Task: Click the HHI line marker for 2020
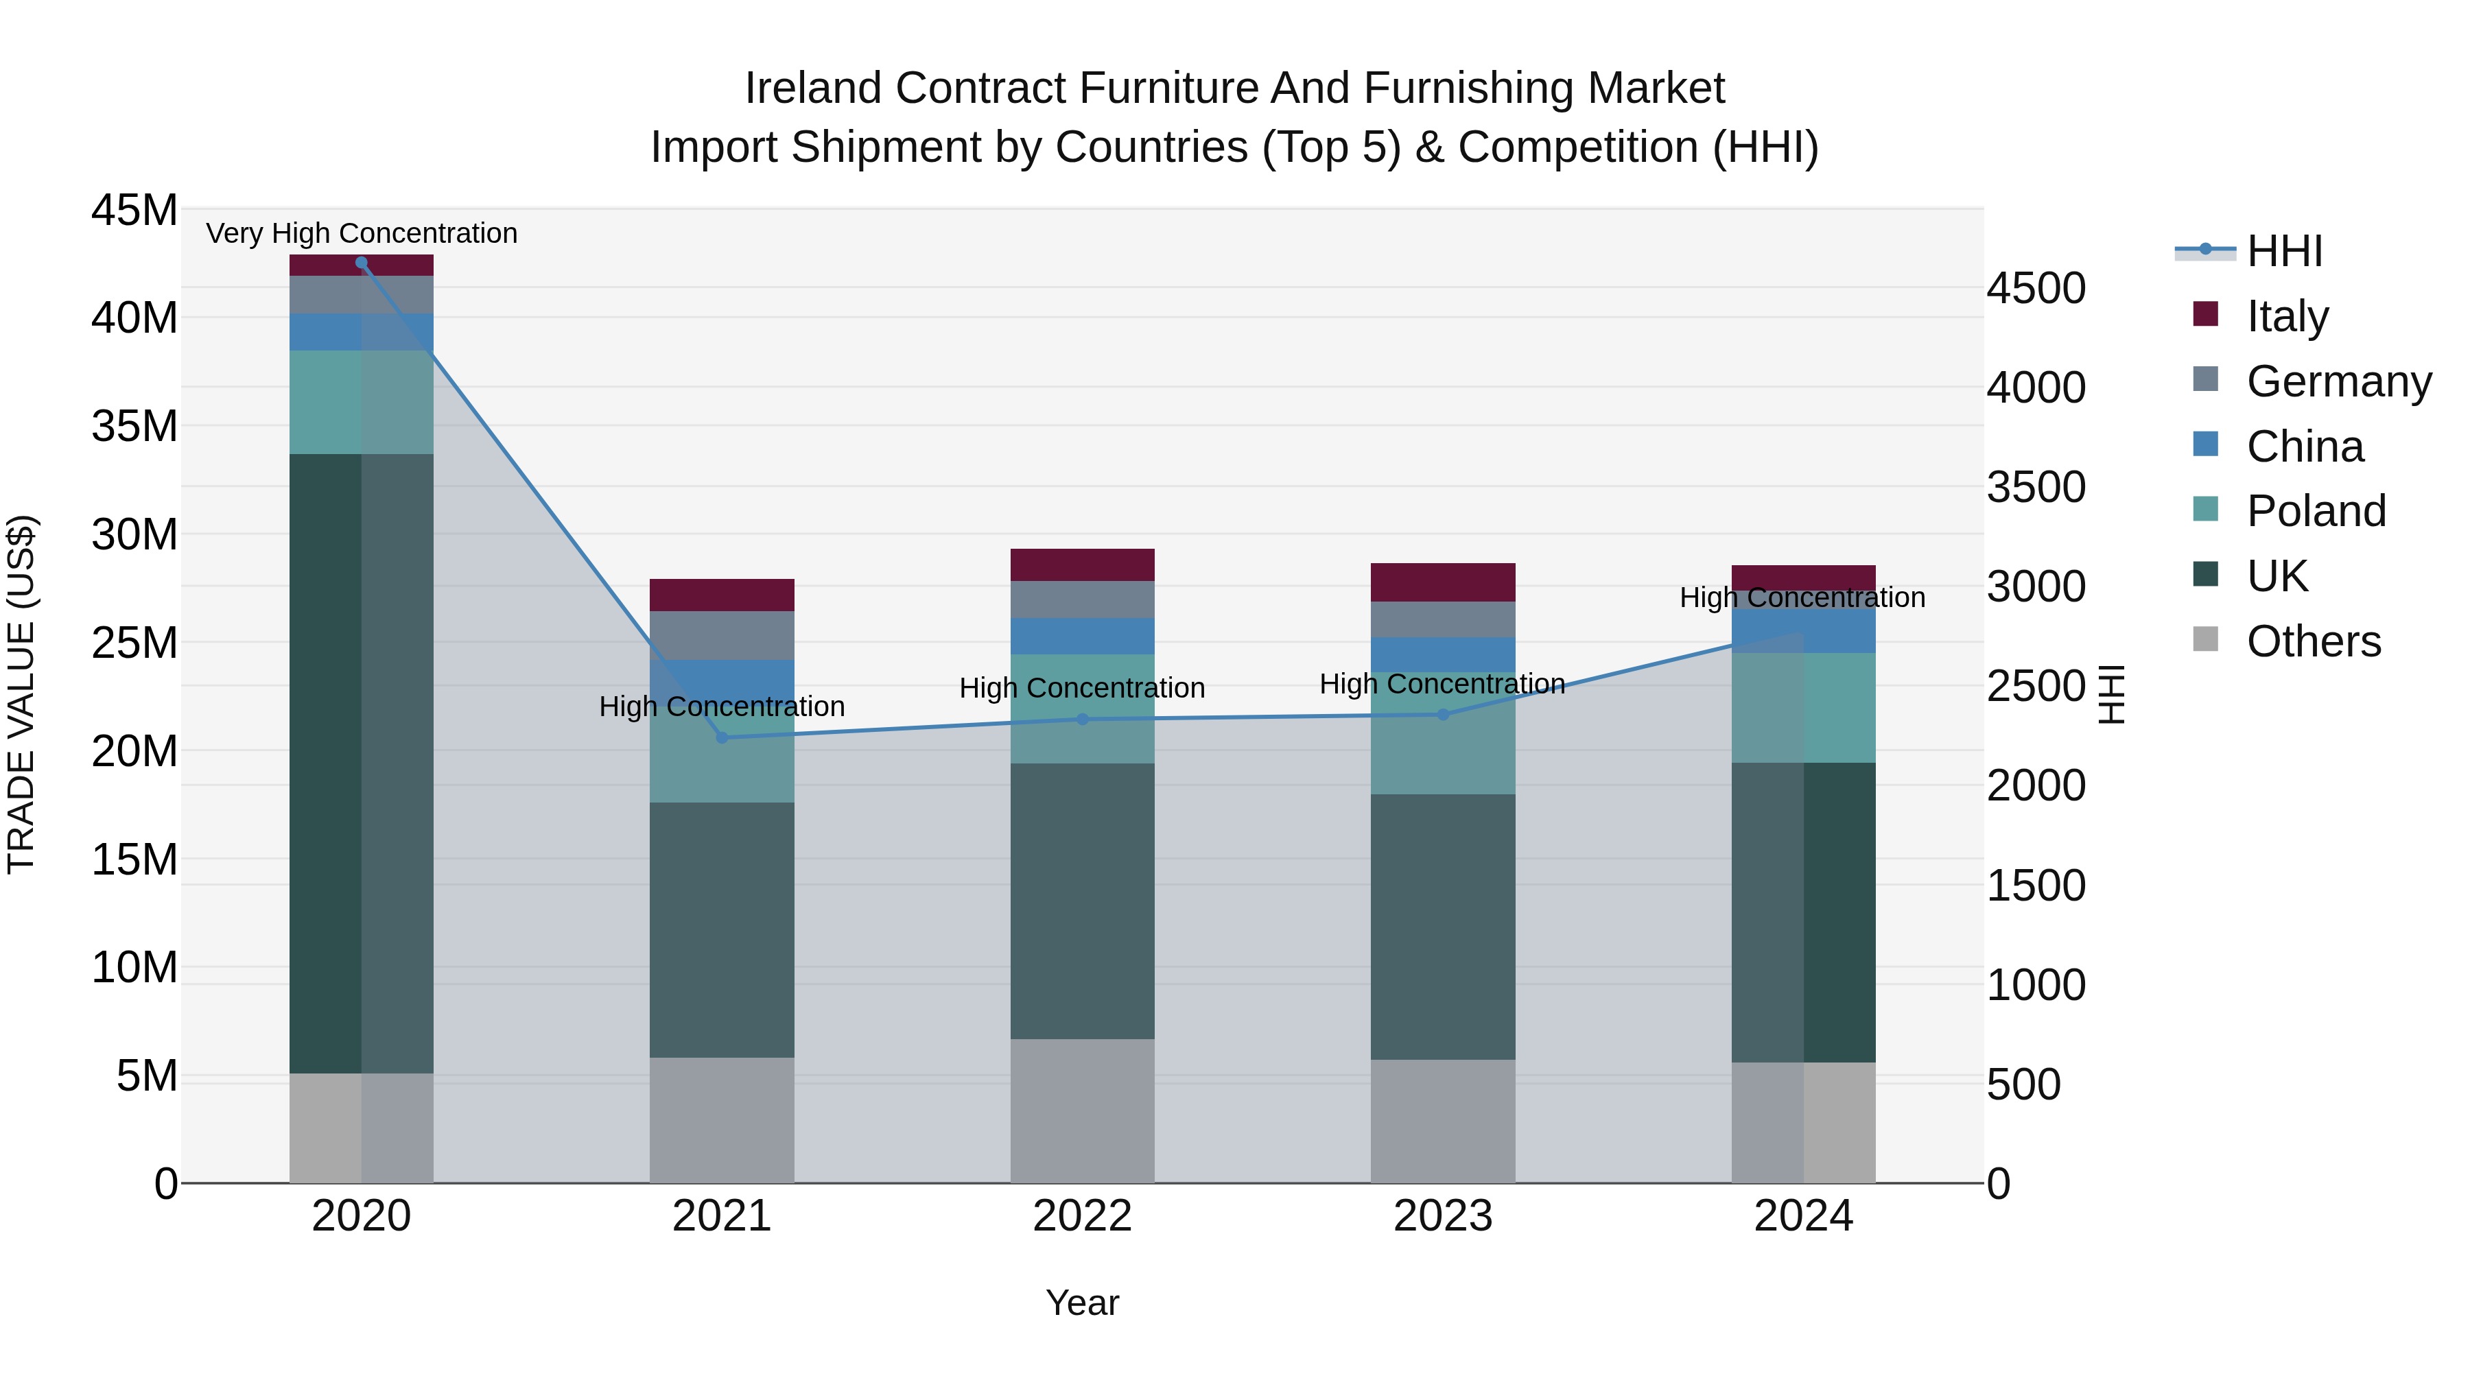(362, 263)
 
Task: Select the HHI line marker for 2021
(722, 737)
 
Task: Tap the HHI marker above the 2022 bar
(1083, 719)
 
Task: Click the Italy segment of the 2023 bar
(1442, 582)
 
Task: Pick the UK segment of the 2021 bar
(722, 930)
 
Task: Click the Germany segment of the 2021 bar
(722, 634)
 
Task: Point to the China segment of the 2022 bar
(1083, 636)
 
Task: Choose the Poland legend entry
(2315, 511)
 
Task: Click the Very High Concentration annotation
(362, 233)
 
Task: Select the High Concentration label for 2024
(1802, 597)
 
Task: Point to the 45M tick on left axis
(134, 210)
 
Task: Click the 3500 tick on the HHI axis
(2035, 487)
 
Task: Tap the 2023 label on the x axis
(1442, 1216)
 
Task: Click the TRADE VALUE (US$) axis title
(21, 694)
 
